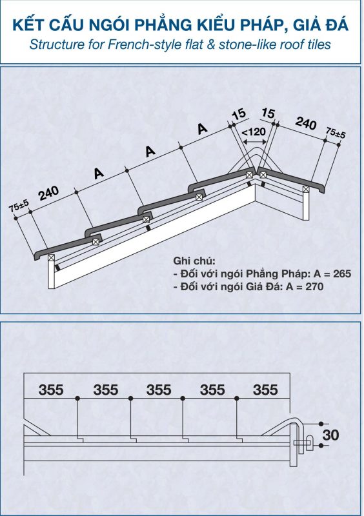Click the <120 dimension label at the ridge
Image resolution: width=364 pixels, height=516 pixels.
point(254,132)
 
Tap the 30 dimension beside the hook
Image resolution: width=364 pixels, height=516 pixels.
point(330,435)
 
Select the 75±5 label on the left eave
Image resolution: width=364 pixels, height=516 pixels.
point(19,206)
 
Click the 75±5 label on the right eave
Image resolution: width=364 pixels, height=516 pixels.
point(336,133)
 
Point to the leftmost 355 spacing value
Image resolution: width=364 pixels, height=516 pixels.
point(51,390)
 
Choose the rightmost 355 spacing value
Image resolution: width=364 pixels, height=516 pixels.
point(265,390)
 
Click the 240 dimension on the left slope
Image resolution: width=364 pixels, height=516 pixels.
point(49,193)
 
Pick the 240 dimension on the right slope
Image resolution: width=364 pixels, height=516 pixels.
point(306,123)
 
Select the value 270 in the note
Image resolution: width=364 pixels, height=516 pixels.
point(314,286)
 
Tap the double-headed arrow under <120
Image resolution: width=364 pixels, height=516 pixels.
point(255,142)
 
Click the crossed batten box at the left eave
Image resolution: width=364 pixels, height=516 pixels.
point(51,257)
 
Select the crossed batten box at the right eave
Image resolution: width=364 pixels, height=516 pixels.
point(306,189)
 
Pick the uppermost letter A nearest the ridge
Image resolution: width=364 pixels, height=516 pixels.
point(203,128)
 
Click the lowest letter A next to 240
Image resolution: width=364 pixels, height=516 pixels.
point(99,173)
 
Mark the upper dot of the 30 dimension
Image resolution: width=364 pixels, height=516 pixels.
point(321,424)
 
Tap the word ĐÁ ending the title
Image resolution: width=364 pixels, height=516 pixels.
point(338,25)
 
